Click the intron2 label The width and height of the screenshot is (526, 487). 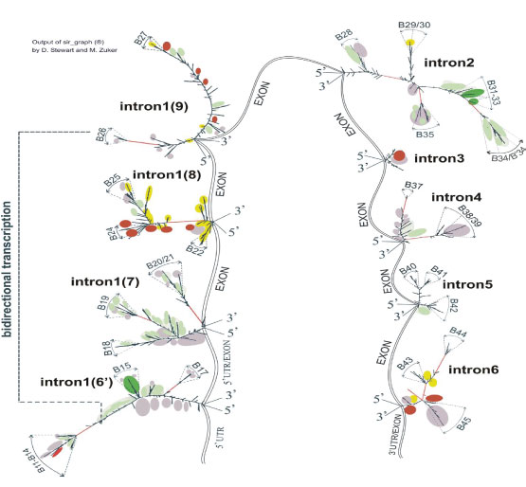pos(450,64)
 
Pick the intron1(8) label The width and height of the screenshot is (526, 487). pos(166,174)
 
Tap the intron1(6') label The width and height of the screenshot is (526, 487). pos(74,382)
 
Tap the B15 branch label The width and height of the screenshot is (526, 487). pos(121,366)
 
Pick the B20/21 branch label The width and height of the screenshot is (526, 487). pos(162,262)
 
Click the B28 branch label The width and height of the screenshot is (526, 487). pos(343,35)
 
